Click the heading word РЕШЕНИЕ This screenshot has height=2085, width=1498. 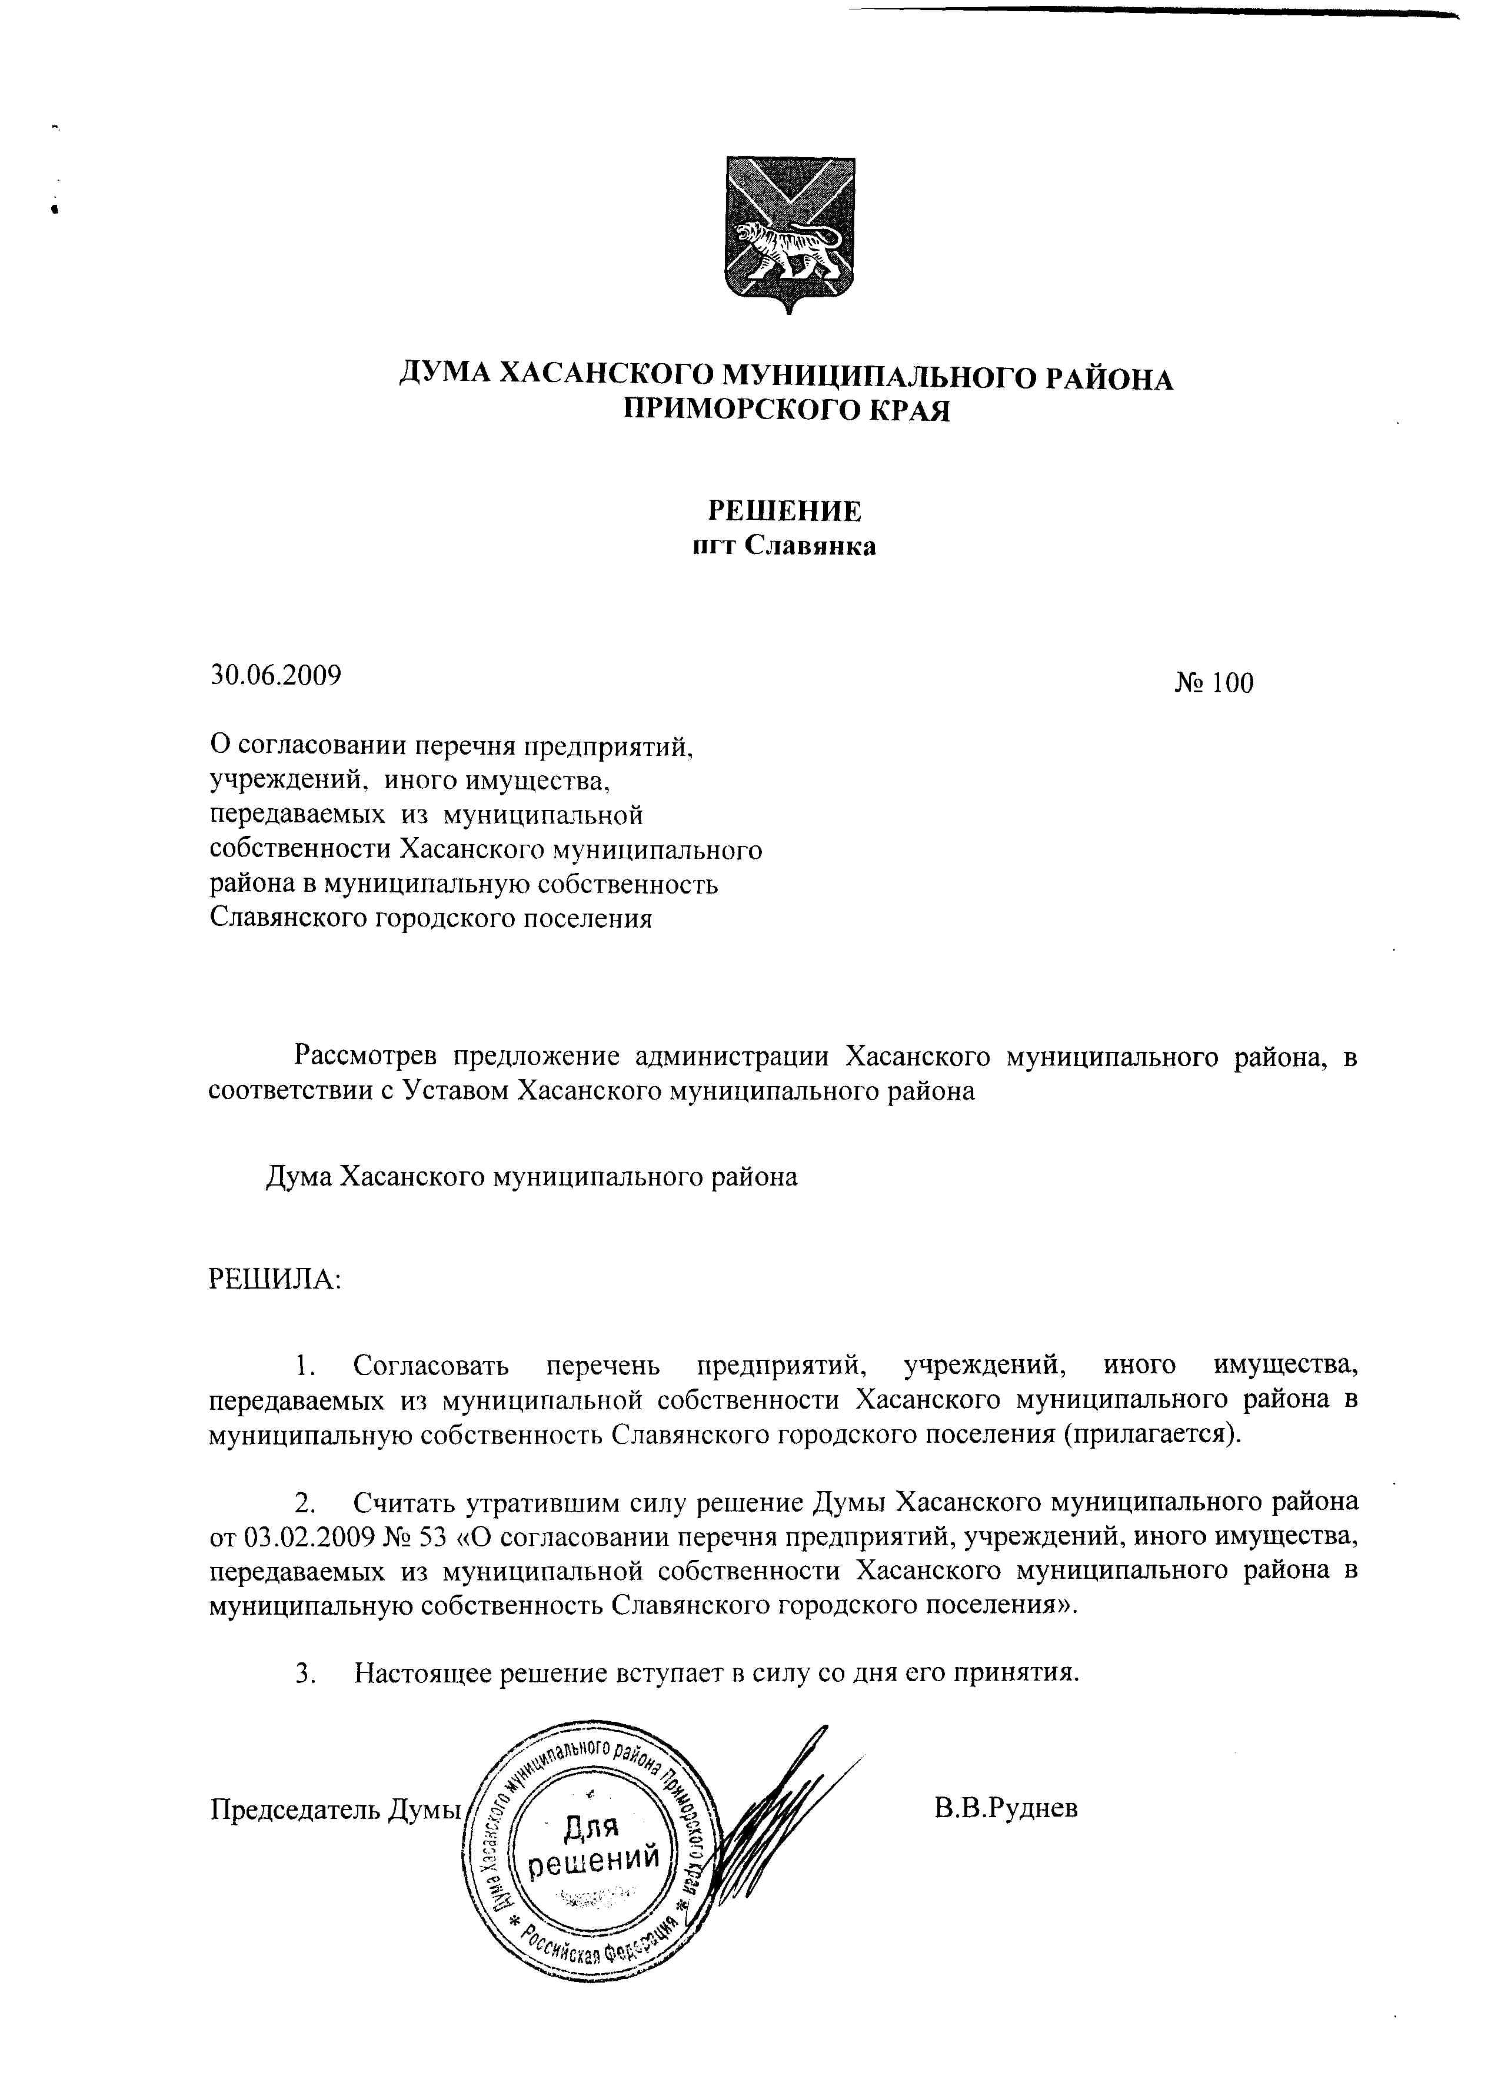(783, 510)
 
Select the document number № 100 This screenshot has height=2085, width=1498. (1213, 683)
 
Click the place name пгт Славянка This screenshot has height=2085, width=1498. (783, 546)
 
